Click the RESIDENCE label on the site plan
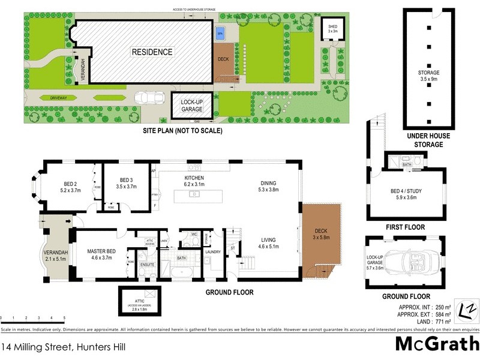152,52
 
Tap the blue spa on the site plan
220,32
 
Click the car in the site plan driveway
147,98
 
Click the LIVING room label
269,242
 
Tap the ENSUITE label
147,263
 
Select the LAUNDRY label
212,252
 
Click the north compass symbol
466,310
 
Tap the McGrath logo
436,344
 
